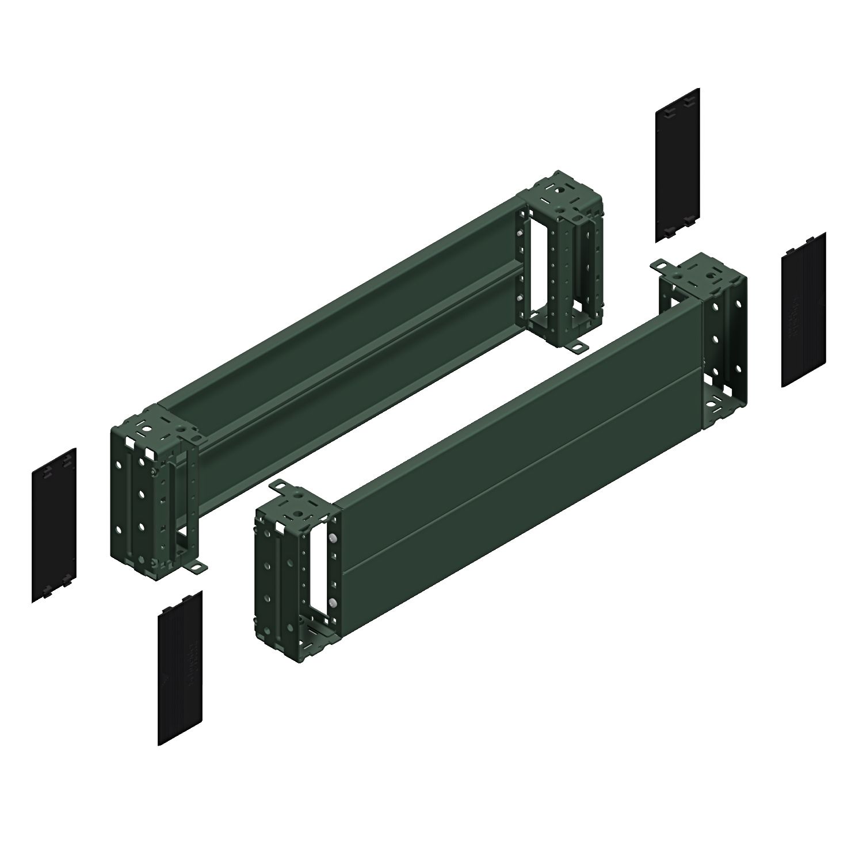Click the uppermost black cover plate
coord(678,165)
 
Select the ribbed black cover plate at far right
coord(804,310)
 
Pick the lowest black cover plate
coord(180,667)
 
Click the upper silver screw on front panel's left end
coord(333,537)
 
